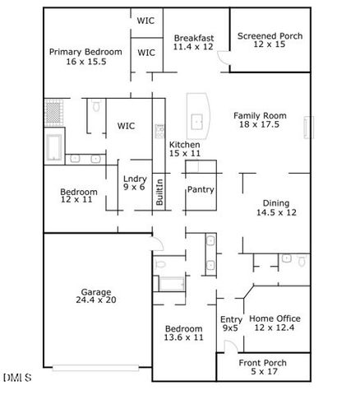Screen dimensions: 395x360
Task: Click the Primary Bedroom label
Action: tap(85, 52)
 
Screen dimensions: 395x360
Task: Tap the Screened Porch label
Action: tap(270, 36)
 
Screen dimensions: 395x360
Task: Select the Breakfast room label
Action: tap(194, 38)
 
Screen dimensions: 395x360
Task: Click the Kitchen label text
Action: tap(185, 144)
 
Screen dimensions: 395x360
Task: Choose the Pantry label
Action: tap(201, 189)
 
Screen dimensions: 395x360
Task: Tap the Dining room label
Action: tap(276, 203)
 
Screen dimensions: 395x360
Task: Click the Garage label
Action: tap(96, 290)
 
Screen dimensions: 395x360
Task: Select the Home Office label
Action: tap(275, 318)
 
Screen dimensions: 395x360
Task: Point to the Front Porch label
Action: tap(263, 363)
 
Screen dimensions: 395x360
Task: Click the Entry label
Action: tap(231, 318)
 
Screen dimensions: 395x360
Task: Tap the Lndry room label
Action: tap(135, 178)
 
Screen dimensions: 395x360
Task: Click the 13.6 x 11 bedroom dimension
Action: tap(183, 337)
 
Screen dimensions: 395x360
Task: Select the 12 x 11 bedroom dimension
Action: tap(79, 201)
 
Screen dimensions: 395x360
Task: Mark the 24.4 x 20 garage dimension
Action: tap(98, 300)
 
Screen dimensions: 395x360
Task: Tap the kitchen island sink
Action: tap(198, 123)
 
